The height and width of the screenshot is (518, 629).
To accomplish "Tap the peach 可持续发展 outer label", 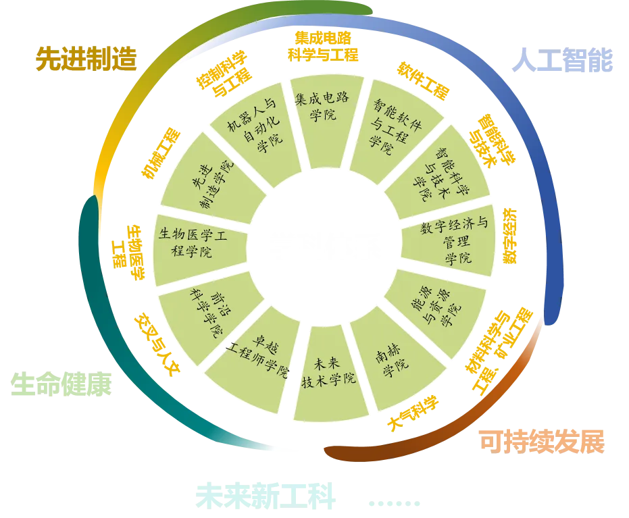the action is tap(540, 441).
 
